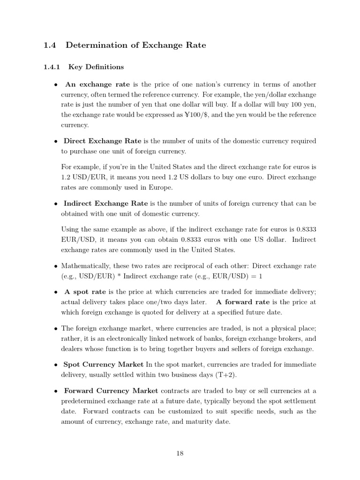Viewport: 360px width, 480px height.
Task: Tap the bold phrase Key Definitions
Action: [96, 67]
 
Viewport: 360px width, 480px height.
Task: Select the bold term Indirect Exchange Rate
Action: [105, 203]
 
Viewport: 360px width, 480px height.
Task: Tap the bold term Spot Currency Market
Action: [103, 365]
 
